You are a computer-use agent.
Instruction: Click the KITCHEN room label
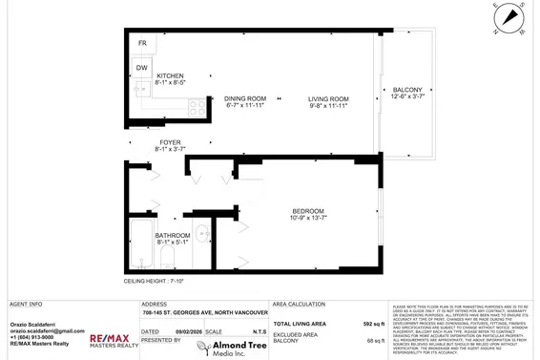[170, 76]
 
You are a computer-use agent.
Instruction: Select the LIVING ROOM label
[327, 98]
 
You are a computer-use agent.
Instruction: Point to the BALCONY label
[408, 91]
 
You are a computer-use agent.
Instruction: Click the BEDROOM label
[308, 211]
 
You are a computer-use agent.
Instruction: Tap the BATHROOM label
[173, 235]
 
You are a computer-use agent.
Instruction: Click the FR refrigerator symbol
[142, 44]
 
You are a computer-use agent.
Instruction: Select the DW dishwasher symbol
[141, 68]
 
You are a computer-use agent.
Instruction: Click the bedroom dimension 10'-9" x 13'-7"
[308, 219]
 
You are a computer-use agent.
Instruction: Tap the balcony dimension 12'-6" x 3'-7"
[408, 99]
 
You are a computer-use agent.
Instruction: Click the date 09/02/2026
[184, 331]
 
